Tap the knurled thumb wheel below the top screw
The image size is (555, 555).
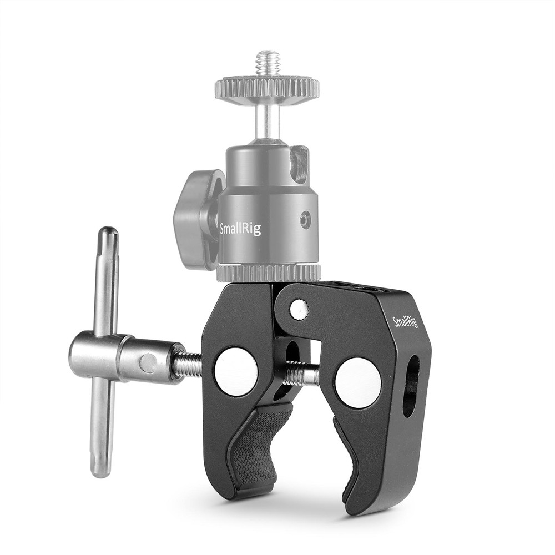click(267, 88)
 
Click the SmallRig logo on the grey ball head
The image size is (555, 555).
click(240, 228)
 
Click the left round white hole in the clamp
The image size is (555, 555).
click(236, 371)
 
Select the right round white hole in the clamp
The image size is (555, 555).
click(358, 382)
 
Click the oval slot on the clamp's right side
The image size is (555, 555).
click(411, 385)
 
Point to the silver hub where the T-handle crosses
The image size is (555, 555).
click(105, 357)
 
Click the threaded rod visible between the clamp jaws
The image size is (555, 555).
click(302, 373)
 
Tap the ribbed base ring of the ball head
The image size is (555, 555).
click(269, 273)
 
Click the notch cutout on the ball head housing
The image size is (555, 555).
click(299, 163)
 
